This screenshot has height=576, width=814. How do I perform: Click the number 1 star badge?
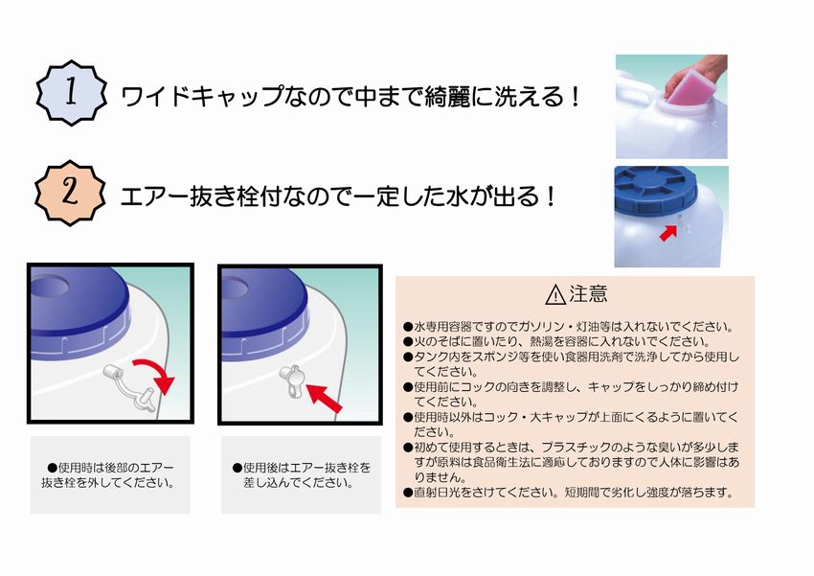pyautogui.click(x=72, y=93)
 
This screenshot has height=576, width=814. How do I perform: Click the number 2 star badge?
pyautogui.click(x=70, y=193)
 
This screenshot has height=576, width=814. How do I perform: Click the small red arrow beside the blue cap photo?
pyautogui.click(x=668, y=232)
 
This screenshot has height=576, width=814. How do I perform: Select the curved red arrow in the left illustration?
pyautogui.click(x=158, y=371)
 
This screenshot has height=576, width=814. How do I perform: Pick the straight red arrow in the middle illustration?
pyautogui.click(x=324, y=398)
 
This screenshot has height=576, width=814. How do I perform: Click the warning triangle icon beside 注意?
pyautogui.click(x=555, y=294)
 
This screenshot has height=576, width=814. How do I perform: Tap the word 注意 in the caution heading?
pyautogui.click(x=588, y=294)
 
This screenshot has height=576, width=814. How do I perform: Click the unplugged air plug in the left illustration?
pyautogui.click(x=130, y=388)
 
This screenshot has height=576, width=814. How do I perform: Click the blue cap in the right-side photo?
pyautogui.click(x=656, y=189)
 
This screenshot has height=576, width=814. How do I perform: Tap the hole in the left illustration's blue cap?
pyautogui.click(x=49, y=286)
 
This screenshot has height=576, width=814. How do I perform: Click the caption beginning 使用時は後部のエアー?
pyautogui.click(x=109, y=475)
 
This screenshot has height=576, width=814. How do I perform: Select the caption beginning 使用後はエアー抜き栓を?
pyautogui.click(x=302, y=475)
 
